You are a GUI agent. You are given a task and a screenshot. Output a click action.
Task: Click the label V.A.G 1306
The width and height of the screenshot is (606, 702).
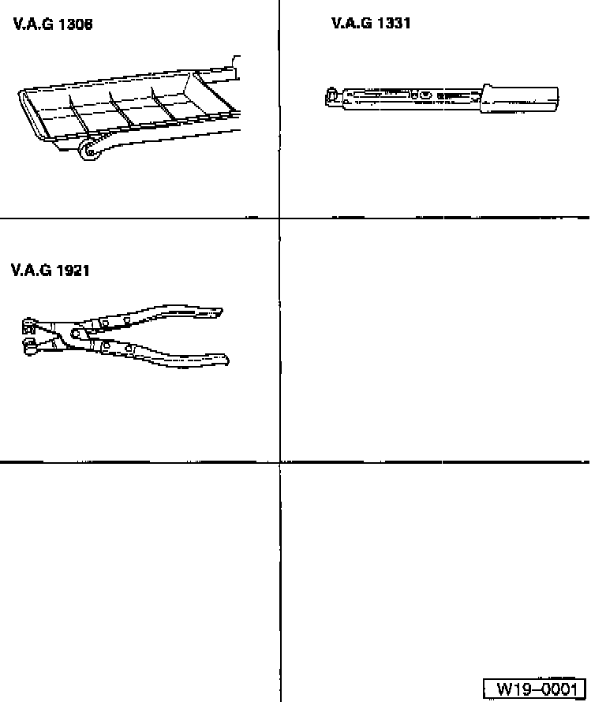[x=52, y=24]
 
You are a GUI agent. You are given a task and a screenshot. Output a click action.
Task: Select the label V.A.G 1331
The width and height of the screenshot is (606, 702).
[x=371, y=24]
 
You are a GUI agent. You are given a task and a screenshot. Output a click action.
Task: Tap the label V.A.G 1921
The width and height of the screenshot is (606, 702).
[x=50, y=271]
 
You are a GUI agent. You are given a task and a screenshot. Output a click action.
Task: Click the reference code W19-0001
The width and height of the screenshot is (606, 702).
[x=536, y=689]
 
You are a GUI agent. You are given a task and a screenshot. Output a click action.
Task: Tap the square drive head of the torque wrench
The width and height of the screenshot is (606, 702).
[x=332, y=97]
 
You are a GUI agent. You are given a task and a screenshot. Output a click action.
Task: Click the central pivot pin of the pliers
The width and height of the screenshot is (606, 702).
[x=77, y=334]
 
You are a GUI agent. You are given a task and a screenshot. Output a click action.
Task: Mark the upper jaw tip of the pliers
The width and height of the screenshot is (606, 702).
[x=28, y=323]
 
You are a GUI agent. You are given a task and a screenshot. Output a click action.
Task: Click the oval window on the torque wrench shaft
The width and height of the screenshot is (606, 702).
[x=425, y=96]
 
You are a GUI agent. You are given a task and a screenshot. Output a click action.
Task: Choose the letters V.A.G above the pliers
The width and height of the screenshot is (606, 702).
[x=31, y=271]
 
